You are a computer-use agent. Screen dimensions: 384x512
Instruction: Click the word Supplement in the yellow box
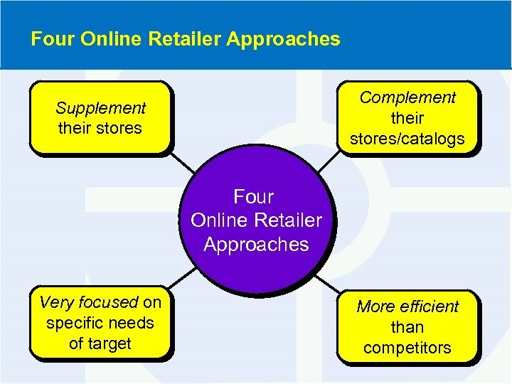point(100,109)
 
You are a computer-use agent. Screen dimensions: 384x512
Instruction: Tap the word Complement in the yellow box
point(407,97)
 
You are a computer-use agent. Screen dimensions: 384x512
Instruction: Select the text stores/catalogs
point(407,139)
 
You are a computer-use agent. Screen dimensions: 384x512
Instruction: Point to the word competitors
point(407,348)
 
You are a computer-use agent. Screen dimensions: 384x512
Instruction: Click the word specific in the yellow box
point(73,323)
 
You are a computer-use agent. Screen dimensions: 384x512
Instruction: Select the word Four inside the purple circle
point(254,196)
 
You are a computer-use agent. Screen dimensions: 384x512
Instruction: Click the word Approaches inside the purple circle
point(256,245)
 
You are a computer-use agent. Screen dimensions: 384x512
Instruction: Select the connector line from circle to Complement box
point(327,163)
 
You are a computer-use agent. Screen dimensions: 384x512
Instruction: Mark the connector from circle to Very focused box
point(183,279)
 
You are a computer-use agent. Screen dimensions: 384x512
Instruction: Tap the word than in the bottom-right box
point(407,327)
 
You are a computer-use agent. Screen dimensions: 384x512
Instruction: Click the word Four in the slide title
point(53,39)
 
